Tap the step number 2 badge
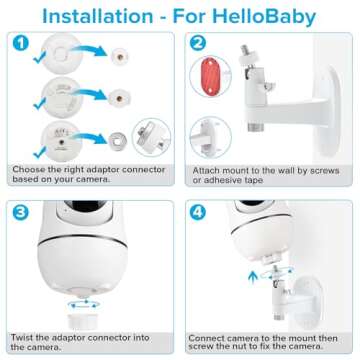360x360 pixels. coord(199,45)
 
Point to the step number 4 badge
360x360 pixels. coord(199,212)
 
